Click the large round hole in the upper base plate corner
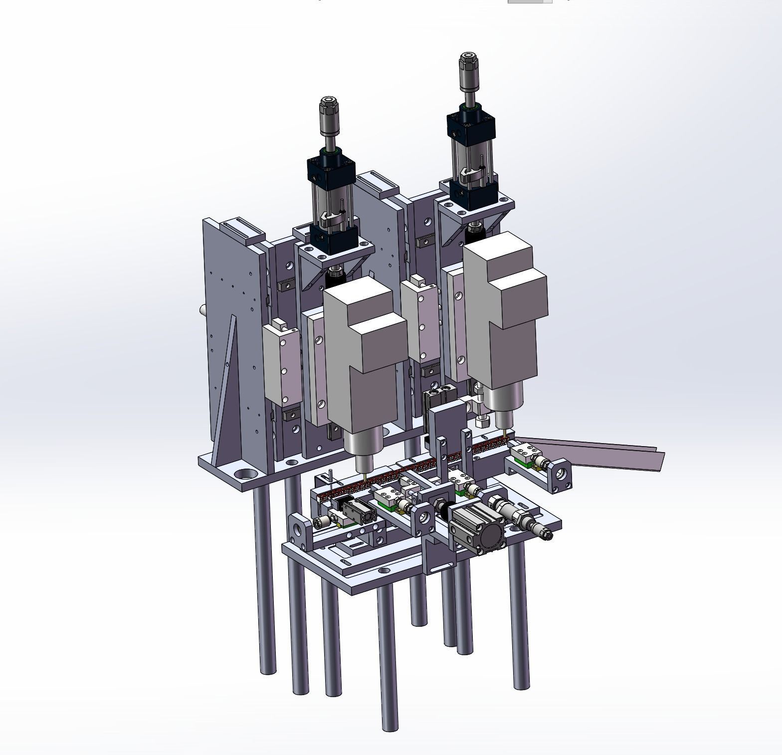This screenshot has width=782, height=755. tap(244, 473)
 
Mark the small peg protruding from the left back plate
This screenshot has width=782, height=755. tap(203, 309)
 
